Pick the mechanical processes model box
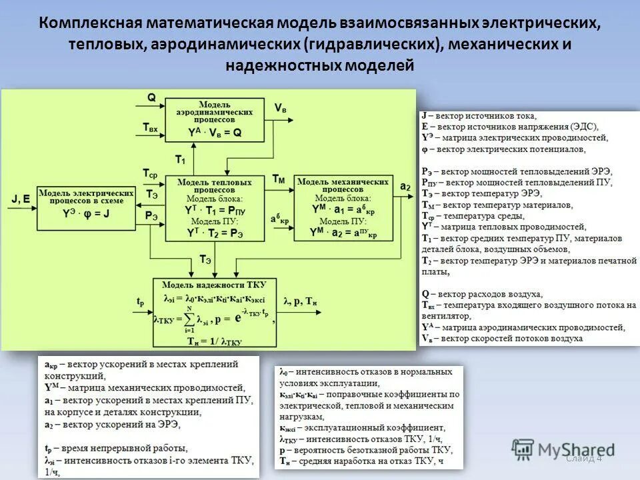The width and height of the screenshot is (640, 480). [342, 208]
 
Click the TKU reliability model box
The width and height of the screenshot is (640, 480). [214, 312]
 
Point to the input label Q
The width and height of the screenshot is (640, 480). [151, 97]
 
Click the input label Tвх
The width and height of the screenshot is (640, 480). [150, 127]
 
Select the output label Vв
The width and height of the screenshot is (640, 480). [281, 108]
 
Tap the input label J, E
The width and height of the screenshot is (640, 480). [21, 198]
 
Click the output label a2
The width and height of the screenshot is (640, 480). [405, 187]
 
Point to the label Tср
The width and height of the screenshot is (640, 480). [150, 173]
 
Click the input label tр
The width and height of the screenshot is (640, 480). [140, 301]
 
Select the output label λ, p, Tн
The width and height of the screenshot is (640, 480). [301, 301]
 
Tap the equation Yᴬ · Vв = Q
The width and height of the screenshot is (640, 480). [215, 133]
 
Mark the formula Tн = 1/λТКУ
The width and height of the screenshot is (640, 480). [213, 340]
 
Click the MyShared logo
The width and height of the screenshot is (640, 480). [564, 450]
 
